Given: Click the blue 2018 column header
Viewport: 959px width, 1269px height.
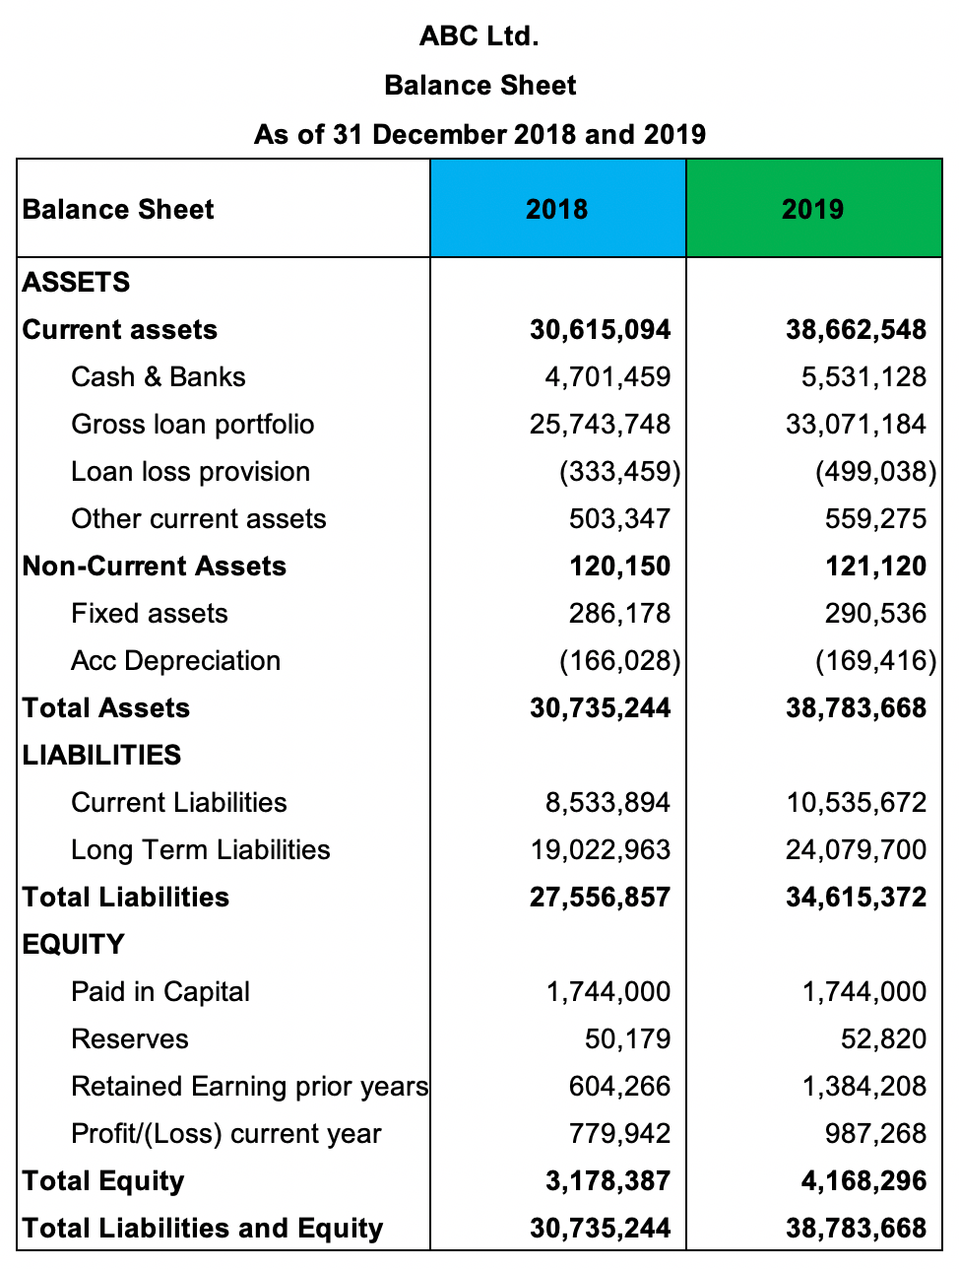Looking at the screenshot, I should tap(557, 209).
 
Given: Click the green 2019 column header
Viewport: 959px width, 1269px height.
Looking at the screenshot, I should tap(813, 209).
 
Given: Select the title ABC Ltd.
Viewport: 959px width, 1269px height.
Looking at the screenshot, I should tap(479, 36).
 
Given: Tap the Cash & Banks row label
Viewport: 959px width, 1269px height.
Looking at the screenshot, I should tap(159, 377).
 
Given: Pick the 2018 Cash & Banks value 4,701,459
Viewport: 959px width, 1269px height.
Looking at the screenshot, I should tap(607, 377).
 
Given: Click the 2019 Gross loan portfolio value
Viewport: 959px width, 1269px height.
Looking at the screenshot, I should tap(856, 425).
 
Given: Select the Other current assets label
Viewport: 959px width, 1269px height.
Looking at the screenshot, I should tap(199, 519).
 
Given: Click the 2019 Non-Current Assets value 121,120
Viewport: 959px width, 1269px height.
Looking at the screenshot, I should tap(875, 567).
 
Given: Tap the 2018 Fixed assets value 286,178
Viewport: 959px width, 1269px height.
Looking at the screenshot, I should tap(619, 614).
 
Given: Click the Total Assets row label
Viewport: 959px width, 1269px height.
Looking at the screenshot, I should tap(106, 708).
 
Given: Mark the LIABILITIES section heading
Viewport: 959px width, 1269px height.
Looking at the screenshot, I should tap(102, 756).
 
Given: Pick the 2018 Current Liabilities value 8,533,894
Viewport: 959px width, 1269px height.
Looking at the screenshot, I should tap(607, 803).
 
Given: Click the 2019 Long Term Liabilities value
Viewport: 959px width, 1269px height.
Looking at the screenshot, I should tap(856, 850).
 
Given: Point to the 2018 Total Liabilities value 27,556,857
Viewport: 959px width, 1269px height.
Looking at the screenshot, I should tap(600, 898).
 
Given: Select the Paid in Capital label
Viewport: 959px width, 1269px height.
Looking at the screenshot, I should tap(160, 992).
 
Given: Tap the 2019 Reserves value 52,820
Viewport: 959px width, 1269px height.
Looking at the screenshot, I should tap(883, 1039).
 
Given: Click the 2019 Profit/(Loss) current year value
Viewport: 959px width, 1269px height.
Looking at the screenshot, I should tap(875, 1134).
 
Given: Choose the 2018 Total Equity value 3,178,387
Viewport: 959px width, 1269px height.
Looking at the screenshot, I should tap(607, 1181).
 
